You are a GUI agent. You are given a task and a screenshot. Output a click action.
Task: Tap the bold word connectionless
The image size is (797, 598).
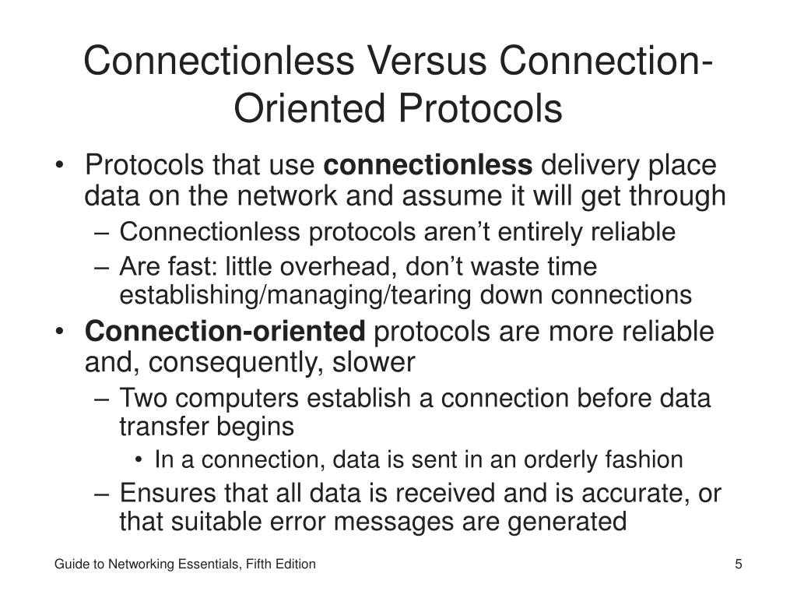(x=428, y=165)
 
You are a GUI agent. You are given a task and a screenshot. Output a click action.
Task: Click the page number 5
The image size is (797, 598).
(x=738, y=564)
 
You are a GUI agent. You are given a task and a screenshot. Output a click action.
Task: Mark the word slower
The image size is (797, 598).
(x=377, y=362)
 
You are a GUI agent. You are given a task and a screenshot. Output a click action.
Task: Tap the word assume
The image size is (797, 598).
(x=448, y=196)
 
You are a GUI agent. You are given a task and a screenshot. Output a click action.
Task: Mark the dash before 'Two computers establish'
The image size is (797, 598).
(x=106, y=399)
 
